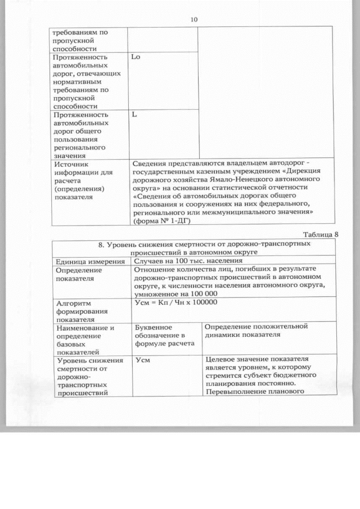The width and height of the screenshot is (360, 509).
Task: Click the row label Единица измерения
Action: click(88, 262)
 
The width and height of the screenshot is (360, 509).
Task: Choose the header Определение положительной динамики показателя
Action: click(257, 331)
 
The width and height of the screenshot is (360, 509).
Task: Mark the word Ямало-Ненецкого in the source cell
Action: click(226, 180)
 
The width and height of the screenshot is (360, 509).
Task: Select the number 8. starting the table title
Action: click(102, 245)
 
